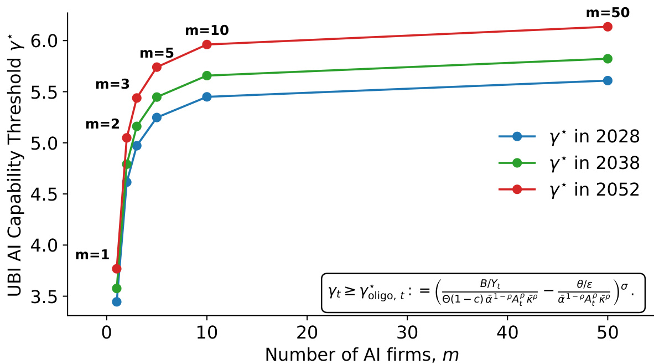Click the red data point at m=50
pyautogui.click(x=608, y=27)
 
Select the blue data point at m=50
pyautogui.click(x=608, y=80)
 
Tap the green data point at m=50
pyautogui.click(x=608, y=59)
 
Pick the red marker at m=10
pyautogui.click(x=207, y=44)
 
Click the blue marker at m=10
pyautogui.click(x=207, y=97)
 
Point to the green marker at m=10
pyautogui.click(x=207, y=75)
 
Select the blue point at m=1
pyautogui.click(x=117, y=302)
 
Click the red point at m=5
pyautogui.click(x=157, y=67)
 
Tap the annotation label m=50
pyautogui.click(x=608, y=13)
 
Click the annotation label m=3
pyautogui.click(x=112, y=85)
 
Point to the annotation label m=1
pyautogui.click(x=92, y=255)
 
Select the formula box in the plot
pyautogui.click(x=483, y=293)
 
